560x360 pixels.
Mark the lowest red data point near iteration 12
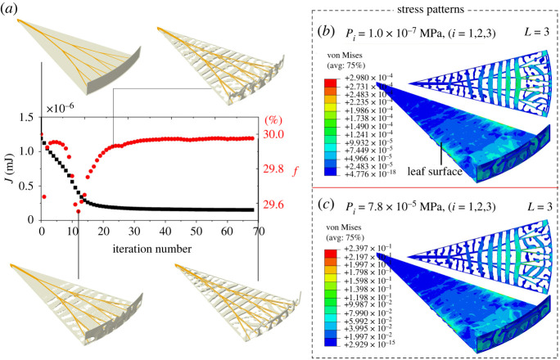(x=79, y=211)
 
